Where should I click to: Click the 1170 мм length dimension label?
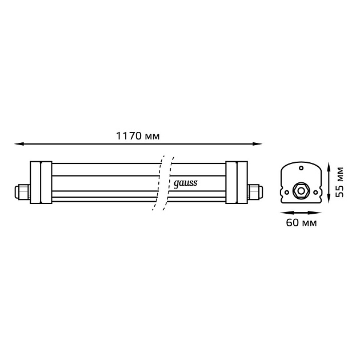[138, 136]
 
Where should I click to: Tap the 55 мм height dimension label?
[339, 182]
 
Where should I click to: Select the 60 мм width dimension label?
[301, 223]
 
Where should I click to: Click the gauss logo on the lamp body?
[185, 183]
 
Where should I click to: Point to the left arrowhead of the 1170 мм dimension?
[19, 144]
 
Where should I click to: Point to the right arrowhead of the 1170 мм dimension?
[257, 144]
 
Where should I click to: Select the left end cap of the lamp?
[41, 182]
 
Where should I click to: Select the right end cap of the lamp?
[237, 182]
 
